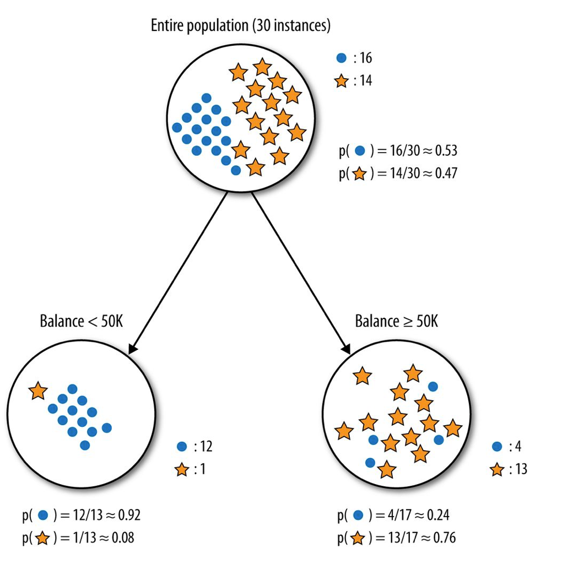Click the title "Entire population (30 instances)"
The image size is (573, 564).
coord(241,25)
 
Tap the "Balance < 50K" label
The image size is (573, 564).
coord(81,321)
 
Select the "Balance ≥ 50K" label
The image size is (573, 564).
coord(396,321)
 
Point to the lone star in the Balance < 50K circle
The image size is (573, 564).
coord(38,391)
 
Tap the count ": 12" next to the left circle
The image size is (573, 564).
coord(201,446)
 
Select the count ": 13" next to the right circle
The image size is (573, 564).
coord(516,469)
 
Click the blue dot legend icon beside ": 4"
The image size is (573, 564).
coord(496,446)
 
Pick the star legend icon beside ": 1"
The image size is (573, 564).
coord(181,470)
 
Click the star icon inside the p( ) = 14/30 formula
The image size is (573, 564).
coord(359,174)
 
